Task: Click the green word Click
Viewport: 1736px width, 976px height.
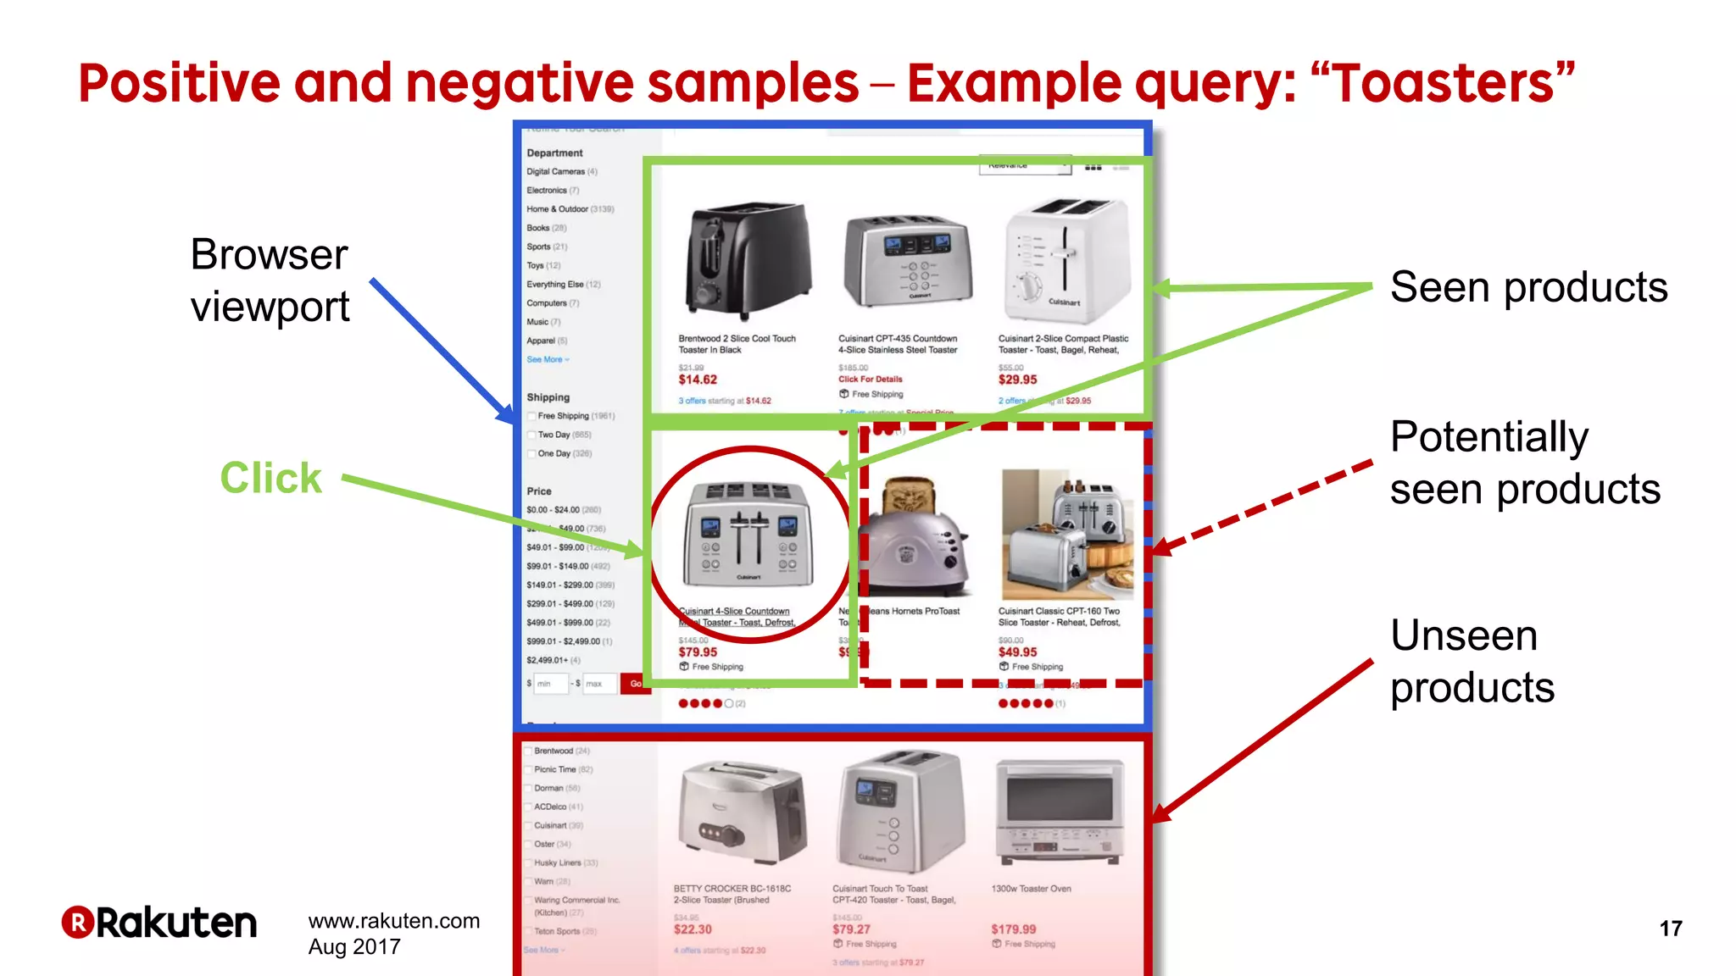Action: pos(271,478)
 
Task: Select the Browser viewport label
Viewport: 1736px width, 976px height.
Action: pos(270,280)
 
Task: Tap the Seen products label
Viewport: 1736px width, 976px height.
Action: pos(1528,287)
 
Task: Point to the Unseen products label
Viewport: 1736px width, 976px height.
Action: pos(1472,661)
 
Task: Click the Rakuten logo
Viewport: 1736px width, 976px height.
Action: pos(159,923)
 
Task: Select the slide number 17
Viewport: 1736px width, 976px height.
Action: pos(1670,929)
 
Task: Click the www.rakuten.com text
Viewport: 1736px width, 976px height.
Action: pos(394,921)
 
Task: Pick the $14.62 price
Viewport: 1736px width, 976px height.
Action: pos(698,380)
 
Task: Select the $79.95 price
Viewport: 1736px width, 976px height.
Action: pos(698,652)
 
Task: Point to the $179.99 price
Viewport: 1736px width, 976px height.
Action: pos(1014,929)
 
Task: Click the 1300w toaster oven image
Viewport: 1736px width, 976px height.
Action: pos(1060,812)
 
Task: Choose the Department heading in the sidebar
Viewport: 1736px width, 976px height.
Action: pos(554,153)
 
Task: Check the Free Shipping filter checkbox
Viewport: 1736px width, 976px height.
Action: pos(531,416)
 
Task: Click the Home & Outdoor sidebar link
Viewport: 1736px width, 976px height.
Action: pos(557,209)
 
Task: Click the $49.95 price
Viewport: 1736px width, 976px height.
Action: pos(1017,652)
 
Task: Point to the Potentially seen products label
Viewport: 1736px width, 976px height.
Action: pos(1524,463)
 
